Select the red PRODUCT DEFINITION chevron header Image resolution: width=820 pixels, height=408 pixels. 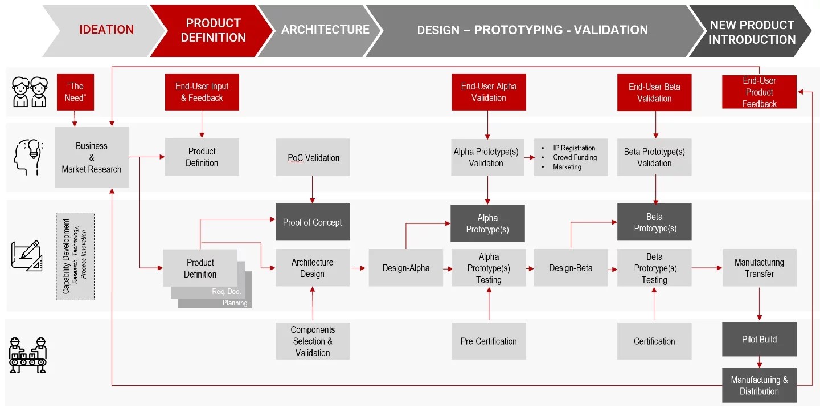point(212,30)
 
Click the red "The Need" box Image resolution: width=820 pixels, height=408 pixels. point(75,92)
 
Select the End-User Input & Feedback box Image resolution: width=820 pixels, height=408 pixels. point(202,92)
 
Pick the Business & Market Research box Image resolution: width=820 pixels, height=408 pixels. point(92,157)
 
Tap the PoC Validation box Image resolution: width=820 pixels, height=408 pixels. point(313,157)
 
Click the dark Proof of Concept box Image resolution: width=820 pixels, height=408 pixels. point(313,222)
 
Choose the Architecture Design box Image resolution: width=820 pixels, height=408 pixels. point(313,268)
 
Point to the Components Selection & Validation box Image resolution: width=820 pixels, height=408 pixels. point(313,341)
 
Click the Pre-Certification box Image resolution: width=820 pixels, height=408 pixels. point(489,341)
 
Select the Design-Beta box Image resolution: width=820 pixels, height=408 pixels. point(571,268)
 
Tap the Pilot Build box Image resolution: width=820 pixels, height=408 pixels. point(759,339)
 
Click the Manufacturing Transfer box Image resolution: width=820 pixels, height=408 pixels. point(759,268)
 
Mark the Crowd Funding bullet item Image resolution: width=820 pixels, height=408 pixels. point(575,157)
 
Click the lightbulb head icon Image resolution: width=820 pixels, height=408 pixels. point(28,157)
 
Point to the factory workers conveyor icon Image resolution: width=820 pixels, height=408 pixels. point(28,355)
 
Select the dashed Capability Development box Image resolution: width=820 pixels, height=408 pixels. point(75,257)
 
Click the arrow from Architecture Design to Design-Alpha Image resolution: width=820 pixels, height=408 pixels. point(358,268)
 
